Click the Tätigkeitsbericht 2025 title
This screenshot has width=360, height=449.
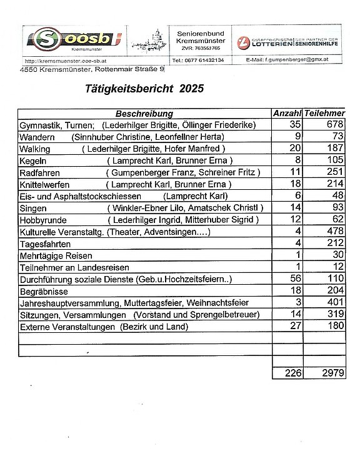click(x=144, y=89)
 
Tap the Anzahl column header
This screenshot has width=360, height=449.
click(x=287, y=114)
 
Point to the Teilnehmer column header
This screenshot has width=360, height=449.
click(x=324, y=114)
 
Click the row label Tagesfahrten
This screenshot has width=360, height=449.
click(x=45, y=244)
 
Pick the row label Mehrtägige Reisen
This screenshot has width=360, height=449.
click(x=56, y=255)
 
